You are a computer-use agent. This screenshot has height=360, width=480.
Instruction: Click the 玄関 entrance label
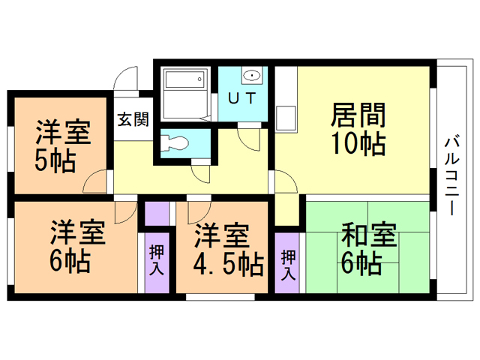click(133, 119)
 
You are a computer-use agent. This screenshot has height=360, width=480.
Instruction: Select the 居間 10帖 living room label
click(358, 129)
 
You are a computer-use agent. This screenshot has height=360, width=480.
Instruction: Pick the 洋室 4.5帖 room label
click(222, 249)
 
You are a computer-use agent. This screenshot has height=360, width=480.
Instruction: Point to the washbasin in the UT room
click(253, 75)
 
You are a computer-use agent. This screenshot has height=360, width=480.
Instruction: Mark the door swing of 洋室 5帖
click(95, 181)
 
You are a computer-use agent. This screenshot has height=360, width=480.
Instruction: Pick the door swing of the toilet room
click(200, 173)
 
